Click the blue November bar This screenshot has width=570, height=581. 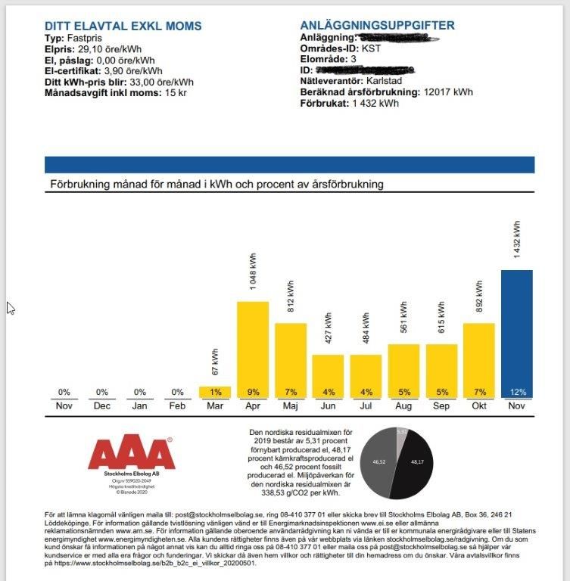(516, 333)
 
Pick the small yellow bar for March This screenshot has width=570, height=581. (215, 392)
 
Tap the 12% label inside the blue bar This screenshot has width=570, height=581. (516, 392)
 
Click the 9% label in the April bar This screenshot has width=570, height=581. (253, 392)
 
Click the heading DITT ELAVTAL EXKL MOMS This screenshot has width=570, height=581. (123, 26)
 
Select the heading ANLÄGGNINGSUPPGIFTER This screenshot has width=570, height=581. (377, 26)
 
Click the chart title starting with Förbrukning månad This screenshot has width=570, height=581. (216, 185)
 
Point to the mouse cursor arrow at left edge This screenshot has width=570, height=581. (10, 307)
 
